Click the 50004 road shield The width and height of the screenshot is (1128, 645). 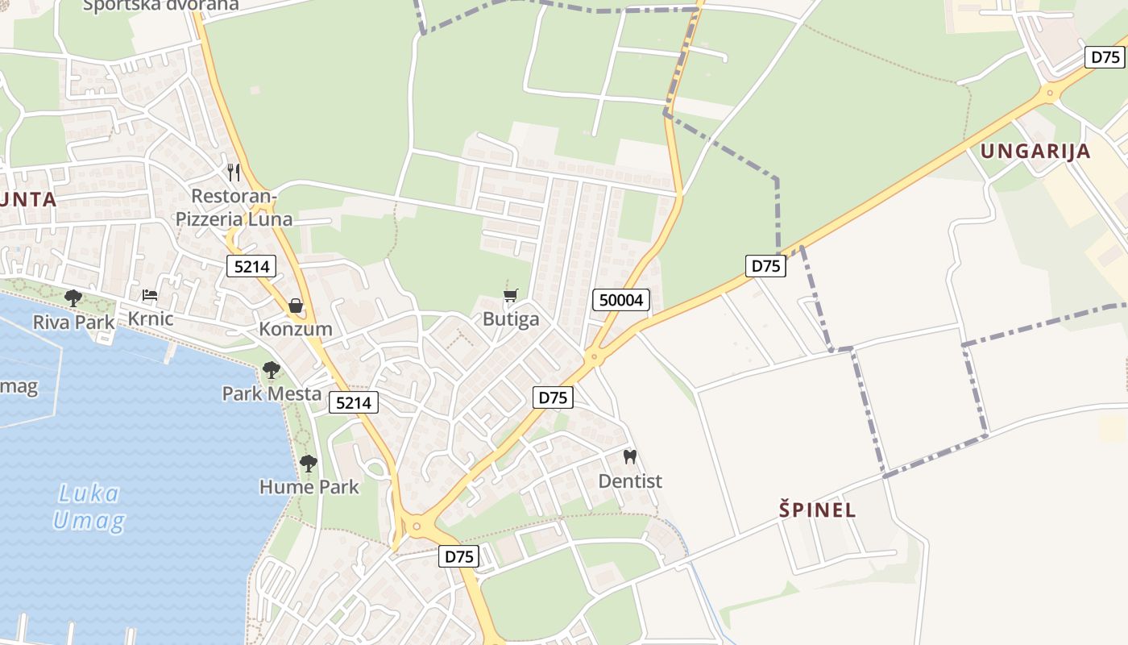(x=621, y=300)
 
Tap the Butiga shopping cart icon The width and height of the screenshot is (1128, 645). (x=510, y=295)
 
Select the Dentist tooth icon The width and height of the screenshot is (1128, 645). (x=630, y=456)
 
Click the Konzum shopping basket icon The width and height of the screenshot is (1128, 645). (x=295, y=306)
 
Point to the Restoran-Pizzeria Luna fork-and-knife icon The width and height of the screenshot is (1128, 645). (x=234, y=172)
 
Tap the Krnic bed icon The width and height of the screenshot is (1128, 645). (x=150, y=295)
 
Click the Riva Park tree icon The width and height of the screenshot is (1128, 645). (x=73, y=298)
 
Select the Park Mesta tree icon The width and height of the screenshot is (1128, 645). (x=272, y=370)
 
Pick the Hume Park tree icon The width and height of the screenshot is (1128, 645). (x=309, y=463)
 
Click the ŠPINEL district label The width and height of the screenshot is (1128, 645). (x=817, y=510)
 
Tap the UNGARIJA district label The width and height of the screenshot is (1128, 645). (x=1035, y=151)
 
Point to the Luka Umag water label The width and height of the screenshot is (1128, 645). (x=89, y=506)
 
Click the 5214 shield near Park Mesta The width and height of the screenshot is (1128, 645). (x=352, y=402)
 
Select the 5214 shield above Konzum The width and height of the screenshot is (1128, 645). (x=251, y=266)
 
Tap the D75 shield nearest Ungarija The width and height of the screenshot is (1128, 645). (x=1105, y=57)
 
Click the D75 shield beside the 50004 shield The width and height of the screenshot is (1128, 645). (x=765, y=265)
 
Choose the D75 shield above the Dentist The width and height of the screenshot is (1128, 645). (x=554, y=397)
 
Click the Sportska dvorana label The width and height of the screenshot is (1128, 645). (x=161, y=5)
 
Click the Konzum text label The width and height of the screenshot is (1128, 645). (x=295, y=329)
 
